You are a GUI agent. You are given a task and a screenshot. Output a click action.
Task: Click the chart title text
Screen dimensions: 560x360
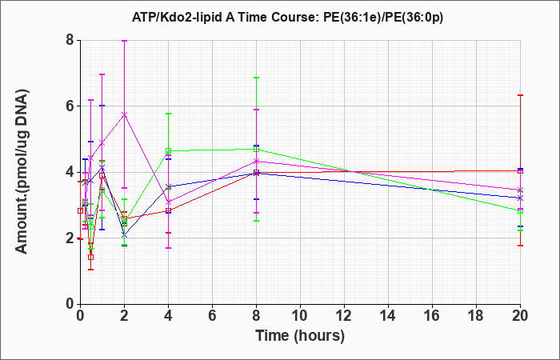click(287, 18)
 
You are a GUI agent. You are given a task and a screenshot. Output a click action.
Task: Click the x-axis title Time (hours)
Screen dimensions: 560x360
click(300, 336)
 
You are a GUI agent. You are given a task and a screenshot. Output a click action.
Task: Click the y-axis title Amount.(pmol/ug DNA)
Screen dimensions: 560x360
click(22, 172)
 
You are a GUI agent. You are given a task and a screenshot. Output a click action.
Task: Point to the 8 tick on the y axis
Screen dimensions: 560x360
click(70, 40)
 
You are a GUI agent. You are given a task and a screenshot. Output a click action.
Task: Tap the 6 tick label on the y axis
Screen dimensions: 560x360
click(70, 106)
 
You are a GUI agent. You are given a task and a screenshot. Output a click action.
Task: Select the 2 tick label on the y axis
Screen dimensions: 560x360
click(70, 238)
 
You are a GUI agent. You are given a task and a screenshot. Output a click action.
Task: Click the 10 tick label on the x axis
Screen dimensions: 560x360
click(300, 316)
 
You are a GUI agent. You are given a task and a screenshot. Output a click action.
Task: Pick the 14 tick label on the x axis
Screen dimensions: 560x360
click(388, 316)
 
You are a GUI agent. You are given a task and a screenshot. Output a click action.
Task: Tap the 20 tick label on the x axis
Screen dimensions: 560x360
click(520, 316)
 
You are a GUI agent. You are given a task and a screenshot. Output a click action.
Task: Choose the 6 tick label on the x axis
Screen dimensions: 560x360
click(212, 316)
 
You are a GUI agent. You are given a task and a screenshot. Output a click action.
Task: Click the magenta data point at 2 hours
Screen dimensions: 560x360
click(124, 114)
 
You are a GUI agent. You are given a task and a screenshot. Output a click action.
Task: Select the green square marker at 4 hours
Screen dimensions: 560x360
click(168, 150)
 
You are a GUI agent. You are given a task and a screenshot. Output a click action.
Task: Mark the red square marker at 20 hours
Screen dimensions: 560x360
click(520, 171)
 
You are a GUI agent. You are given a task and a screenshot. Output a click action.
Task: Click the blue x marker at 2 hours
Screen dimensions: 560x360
click(124, 236)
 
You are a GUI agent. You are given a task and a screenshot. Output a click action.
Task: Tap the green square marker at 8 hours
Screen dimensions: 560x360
click(257, 149)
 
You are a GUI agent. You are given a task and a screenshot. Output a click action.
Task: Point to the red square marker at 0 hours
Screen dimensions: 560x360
click(80, 210)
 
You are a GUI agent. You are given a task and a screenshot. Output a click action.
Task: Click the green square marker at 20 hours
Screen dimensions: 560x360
click(520, 211)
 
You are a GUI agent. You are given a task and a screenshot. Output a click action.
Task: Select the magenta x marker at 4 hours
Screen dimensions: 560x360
click(168, 202)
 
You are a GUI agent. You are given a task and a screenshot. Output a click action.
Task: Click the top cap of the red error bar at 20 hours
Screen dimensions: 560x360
click(520, 95)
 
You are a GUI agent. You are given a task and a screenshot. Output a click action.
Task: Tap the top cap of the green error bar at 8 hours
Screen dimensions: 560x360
click(257, 78)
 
